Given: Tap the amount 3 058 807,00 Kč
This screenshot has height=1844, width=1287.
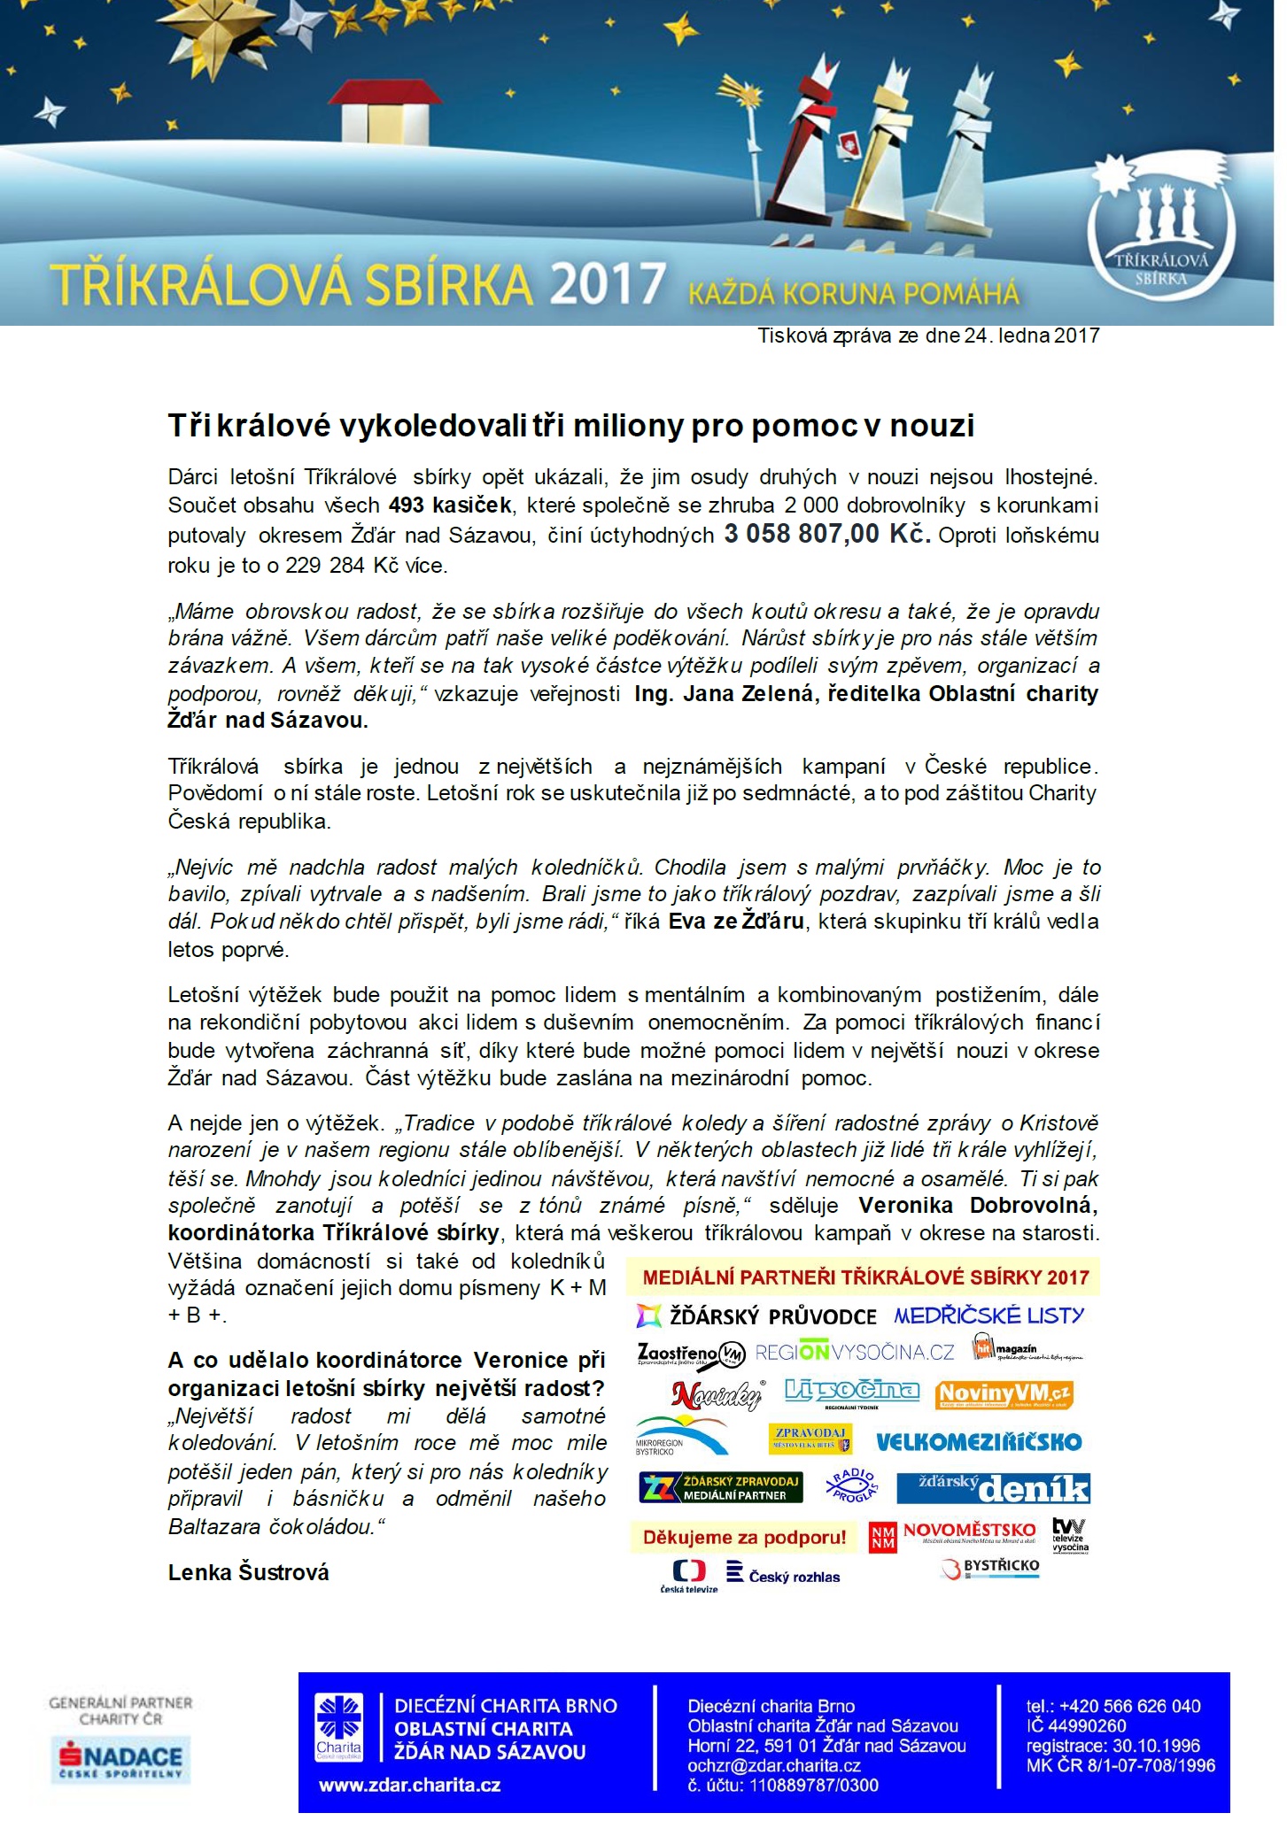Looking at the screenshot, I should click(x=826, y=534).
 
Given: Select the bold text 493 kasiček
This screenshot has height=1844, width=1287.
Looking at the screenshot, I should click(x=450, y=505).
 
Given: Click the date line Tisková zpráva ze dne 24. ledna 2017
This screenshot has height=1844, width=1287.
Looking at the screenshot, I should click(x=927, y=336).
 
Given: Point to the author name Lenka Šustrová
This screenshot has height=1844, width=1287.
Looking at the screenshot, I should click(x=248, y=1572).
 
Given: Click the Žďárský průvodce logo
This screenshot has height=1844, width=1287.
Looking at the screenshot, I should click(x=756, y=1316).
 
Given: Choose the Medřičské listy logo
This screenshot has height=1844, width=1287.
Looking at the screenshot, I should click(x=989, y=1315).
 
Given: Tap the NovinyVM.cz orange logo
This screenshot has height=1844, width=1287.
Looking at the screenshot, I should click(x=1004, y=1395).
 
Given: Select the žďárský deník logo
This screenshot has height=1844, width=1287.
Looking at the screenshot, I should click(x=993, y=1488).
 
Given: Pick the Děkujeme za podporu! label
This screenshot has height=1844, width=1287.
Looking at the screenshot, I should click(x=744, y=1538).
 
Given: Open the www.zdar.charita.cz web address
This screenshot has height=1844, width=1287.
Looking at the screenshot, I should click(x=409, y=1785).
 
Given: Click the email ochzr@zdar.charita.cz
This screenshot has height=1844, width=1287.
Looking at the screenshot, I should click(x=774, y=1765).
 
